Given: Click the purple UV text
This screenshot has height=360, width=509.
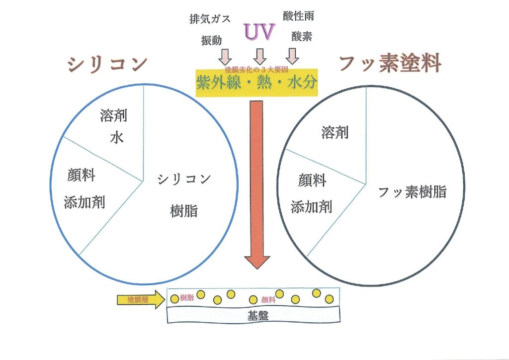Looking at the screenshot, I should (259, 32).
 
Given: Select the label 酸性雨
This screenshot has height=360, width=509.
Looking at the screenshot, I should (298, 16).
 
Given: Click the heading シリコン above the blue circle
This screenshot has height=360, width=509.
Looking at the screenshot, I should (107, 64).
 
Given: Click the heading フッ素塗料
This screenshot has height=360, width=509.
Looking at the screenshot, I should (390, 65).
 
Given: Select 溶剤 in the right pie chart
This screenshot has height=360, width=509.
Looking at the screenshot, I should (335, 132).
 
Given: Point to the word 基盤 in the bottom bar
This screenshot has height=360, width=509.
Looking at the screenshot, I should (257, 315).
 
